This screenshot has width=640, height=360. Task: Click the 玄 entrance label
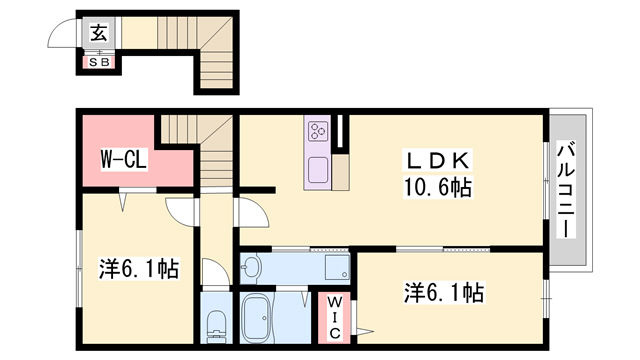100,33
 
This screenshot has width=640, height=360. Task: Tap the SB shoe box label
100,62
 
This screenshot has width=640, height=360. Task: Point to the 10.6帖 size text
437,187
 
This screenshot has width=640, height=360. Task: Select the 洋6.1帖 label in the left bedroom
138,269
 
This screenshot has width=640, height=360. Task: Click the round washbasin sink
252,267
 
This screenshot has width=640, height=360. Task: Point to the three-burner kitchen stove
319,131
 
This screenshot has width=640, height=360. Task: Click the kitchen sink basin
319,170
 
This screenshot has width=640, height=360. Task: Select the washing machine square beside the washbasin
334,268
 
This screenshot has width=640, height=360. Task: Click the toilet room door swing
211,272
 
